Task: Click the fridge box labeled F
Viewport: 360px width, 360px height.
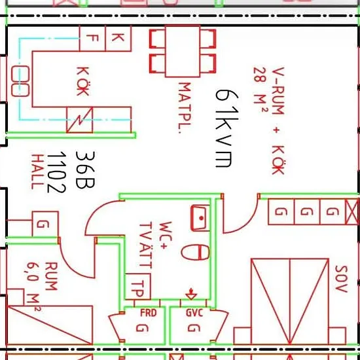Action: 92,39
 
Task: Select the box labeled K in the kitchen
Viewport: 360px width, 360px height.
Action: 118,39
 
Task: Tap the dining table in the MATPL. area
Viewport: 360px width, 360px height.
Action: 183,52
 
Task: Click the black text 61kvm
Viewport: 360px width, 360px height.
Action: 227,128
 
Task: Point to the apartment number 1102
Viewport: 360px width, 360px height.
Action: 56,172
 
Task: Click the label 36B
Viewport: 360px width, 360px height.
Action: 85,170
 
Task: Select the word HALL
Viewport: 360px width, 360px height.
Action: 37,171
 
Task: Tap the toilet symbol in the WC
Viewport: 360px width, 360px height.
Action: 196,253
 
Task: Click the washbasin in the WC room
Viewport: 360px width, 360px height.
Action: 200,218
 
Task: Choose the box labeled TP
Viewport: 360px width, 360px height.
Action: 137,287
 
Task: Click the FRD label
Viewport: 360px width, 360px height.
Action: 149,313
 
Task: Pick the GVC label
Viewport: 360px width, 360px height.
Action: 194,313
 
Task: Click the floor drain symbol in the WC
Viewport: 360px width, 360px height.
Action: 191,294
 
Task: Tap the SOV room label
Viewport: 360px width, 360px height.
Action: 342,279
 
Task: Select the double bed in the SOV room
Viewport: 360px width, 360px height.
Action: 290,302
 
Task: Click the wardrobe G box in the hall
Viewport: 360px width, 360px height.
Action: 45,224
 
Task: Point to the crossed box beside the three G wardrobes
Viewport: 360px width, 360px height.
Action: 352,212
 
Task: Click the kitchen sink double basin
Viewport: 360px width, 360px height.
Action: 20,81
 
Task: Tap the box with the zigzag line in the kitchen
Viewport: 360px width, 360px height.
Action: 80,120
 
